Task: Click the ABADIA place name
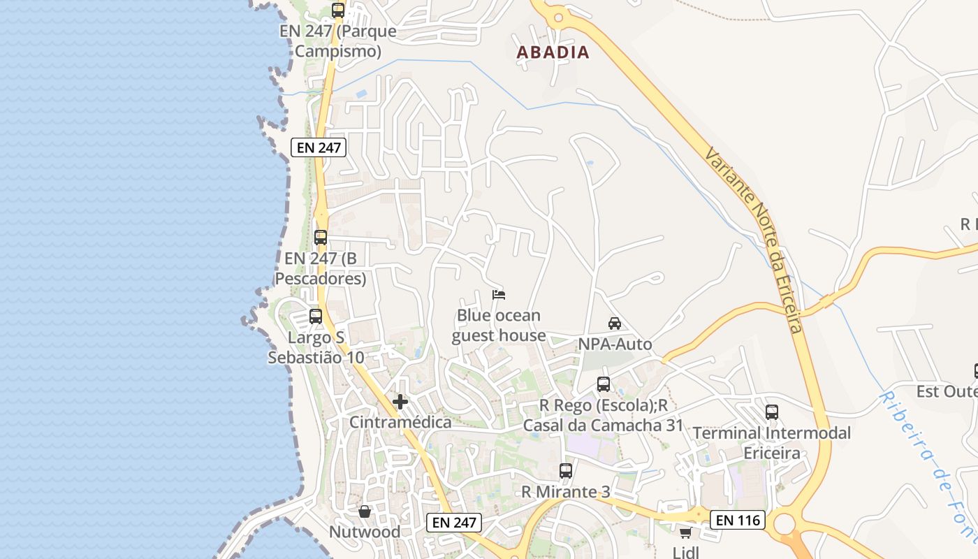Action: point(553,52)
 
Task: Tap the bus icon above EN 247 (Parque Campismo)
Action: point(338,10)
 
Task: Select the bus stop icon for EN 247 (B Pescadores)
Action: point(321,238)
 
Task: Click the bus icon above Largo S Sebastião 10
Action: point(316,317)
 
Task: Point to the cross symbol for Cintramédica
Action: point(400,402)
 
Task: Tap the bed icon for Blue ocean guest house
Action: point(499,295)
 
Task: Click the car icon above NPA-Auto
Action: point(615,323)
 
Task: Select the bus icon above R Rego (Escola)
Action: point(604,384)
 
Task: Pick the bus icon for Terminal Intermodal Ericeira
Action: point(772,412)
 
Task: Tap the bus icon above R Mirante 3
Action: point(566,471)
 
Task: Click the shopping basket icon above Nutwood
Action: point(365,511)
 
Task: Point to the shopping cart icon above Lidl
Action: point(685,533)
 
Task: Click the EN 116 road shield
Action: point(738,520)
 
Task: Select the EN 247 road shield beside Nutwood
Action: point(454,522)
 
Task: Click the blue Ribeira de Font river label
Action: point(929,468)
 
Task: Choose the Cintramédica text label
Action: point(400,422)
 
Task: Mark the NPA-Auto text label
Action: point(615,344)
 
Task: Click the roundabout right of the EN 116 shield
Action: point(785,523)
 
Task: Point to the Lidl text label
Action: point(685,552)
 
